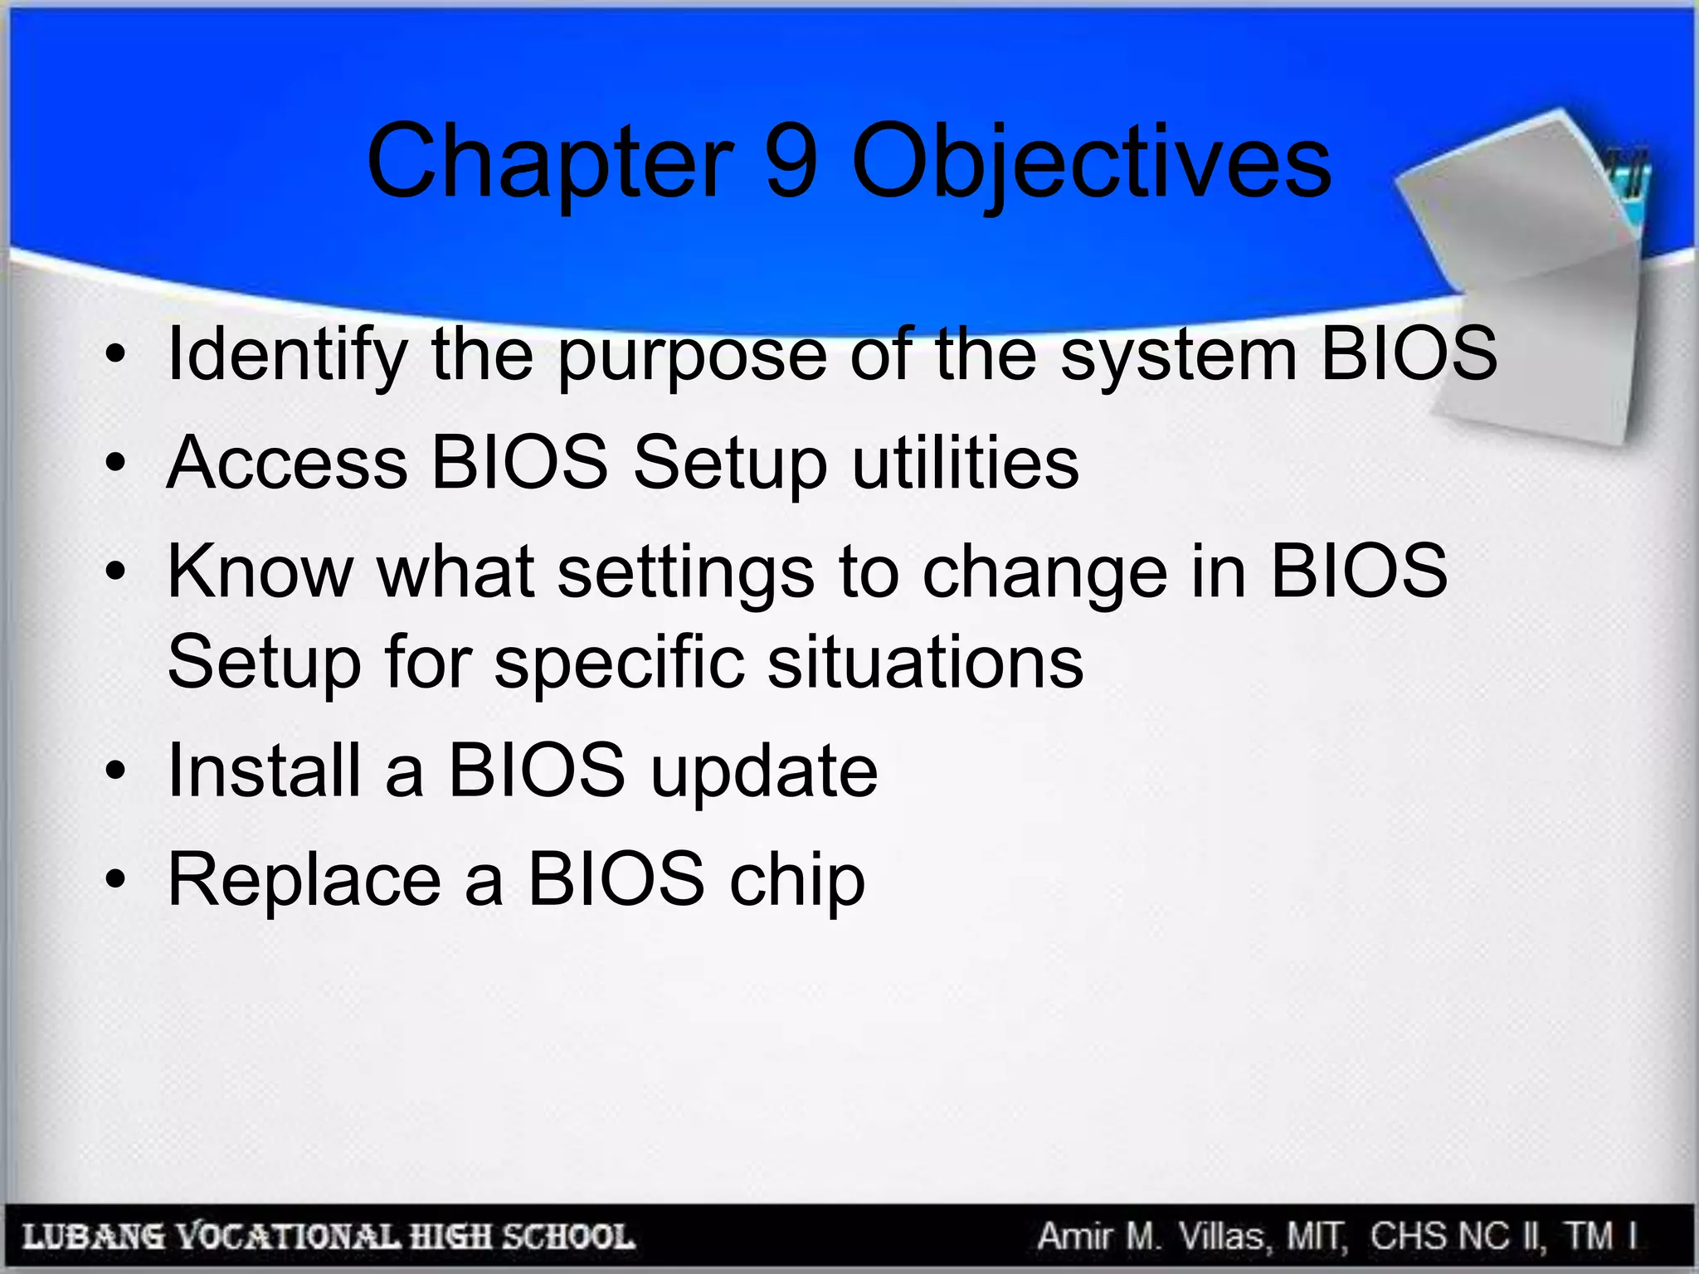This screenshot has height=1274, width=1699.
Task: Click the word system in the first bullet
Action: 1178,355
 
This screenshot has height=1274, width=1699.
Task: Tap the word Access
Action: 287,463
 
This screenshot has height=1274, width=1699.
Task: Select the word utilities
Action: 966,463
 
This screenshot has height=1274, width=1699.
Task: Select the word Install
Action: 264,771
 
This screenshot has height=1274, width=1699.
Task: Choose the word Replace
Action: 304,880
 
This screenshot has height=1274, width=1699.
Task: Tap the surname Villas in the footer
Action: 1224,1237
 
